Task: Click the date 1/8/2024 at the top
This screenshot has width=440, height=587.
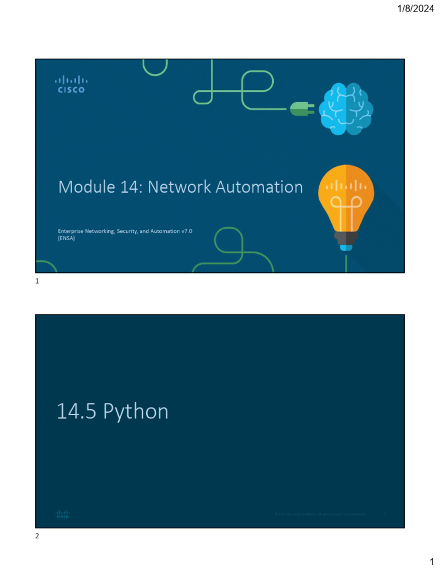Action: point(414,8)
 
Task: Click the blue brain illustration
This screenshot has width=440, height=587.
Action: point(346,109)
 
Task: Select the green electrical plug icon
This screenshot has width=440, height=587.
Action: point(301,108)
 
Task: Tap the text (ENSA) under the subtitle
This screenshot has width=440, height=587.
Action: point(66,238)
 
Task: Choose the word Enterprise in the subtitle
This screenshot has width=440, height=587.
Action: point(72,230)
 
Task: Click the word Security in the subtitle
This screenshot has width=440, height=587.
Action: point(131,230)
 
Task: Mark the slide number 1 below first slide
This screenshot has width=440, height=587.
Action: point(37,281)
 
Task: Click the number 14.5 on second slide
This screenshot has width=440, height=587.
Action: point(76,412)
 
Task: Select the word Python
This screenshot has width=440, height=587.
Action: point(136,412)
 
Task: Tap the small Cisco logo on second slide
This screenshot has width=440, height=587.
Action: point(62,514)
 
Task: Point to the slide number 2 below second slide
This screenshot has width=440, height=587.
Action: point(37,536)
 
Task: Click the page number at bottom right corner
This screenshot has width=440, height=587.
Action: point(432,562)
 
